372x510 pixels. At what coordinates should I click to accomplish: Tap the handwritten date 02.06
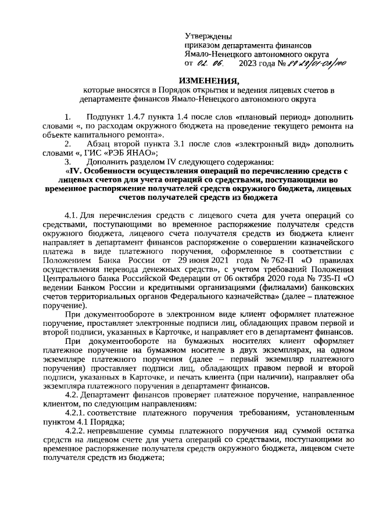point(207,63)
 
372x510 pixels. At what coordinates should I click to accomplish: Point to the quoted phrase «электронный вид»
point(269,143)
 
